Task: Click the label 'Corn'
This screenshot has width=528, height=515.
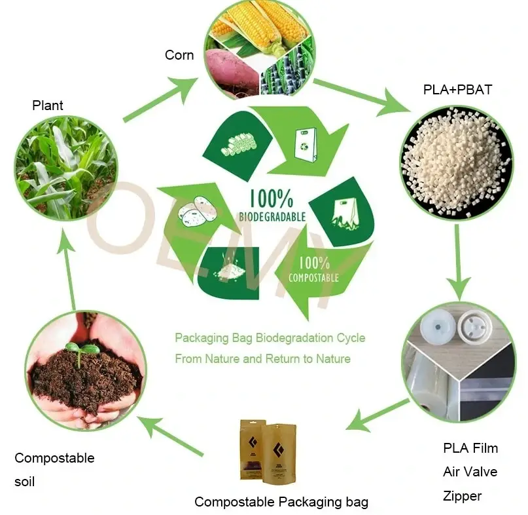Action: click(179, 55)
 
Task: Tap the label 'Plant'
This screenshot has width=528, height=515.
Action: click(48, 105)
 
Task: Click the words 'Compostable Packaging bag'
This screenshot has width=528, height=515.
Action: click(281, 502)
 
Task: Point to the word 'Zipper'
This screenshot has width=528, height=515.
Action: click(462, 496)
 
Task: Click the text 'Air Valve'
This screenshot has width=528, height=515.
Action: click(470, 472)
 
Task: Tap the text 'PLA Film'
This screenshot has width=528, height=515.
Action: click(470, 448)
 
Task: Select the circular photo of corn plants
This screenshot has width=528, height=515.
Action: click(66, 167)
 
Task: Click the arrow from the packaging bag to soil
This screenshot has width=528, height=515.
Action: click(174, 436)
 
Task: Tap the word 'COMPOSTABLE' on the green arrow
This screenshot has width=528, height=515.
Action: click(313, 277)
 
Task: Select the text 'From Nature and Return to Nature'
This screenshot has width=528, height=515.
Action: click(262, 359)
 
